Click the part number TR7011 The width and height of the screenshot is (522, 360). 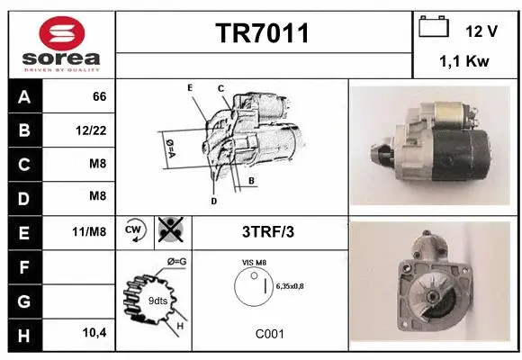(263, 34)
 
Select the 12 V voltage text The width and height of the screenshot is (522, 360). (481, 31)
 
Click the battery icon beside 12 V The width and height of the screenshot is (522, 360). (434, 28)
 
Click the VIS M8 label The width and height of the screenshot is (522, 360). (256, 262)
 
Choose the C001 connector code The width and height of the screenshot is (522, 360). (269, 333)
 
